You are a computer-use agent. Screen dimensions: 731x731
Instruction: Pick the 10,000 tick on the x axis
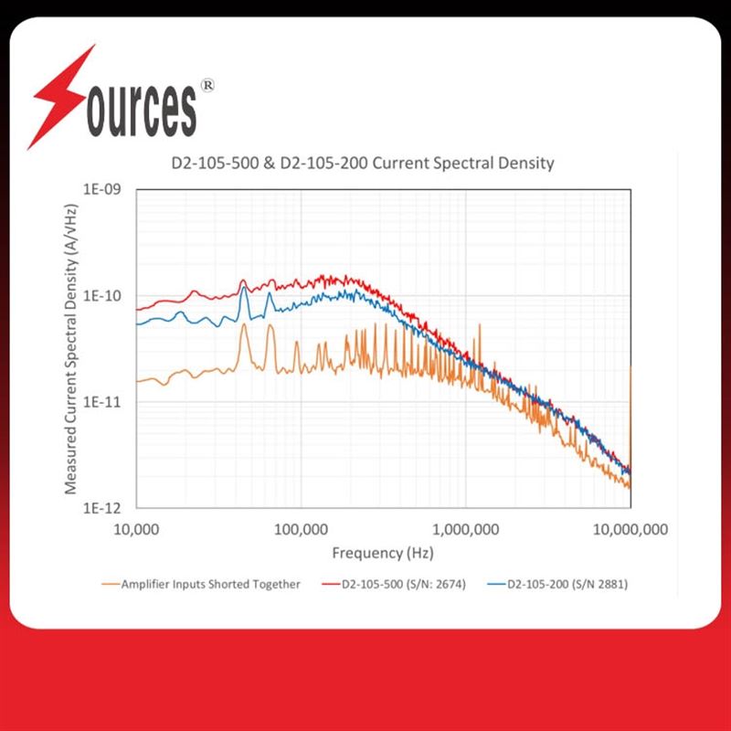click(x=137, y=530)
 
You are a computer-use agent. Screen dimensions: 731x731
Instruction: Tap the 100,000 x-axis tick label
click(x=301, y=530)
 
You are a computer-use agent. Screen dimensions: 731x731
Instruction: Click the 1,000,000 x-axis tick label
click(x=466, y=530)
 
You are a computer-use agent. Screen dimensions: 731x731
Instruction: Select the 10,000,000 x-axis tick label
click(x=630, y=530)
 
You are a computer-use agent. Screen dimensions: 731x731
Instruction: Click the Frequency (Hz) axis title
click(x=382, y=553)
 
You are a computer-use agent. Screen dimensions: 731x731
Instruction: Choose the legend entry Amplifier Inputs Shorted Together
click(x=211, y=585)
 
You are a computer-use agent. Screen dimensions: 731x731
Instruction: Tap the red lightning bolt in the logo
click(x=64, y=96)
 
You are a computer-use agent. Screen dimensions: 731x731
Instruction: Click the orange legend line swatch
click(x=110, y=585)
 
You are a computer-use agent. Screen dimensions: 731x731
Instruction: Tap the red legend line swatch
click(x=328, y=585)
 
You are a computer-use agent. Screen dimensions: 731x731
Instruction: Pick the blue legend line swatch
click(x=494, y=585)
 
